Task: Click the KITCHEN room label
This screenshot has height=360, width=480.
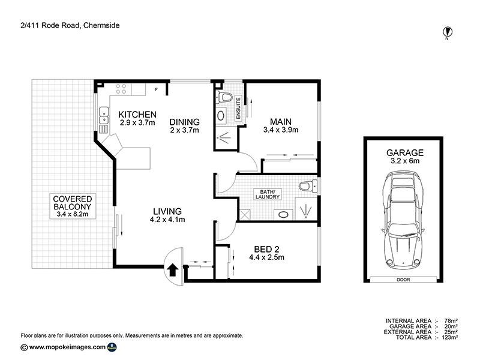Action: [x=137, y=115]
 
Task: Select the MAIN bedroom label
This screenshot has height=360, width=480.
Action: [x=280, y=121]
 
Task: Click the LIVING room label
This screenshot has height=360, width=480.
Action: [x=167, y=211]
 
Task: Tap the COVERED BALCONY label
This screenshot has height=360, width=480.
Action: [x=71, y=203]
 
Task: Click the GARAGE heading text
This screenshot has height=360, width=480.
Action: [x=404, y=152]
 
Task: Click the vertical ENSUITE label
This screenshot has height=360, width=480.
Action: [x=238, y=109]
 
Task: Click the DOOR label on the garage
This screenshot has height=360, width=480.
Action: [x=404, y=279]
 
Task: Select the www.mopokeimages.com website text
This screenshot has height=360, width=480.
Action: [x=67, y=347]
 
